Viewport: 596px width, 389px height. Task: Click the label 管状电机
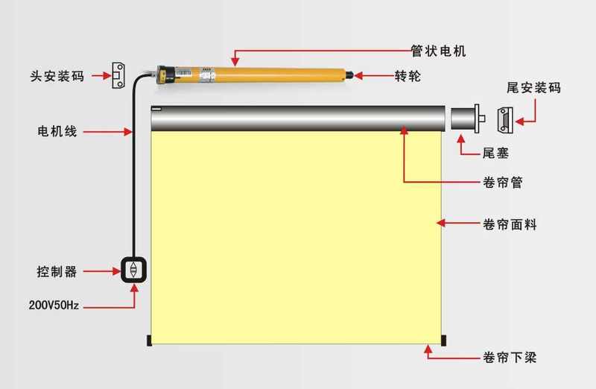438,51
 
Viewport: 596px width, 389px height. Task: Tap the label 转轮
408,76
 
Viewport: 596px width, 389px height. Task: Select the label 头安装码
57,76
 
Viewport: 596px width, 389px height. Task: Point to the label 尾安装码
533,88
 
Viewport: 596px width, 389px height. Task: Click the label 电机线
57,131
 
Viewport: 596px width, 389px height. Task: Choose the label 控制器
57,271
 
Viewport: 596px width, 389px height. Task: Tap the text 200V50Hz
54,305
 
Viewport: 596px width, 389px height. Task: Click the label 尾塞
495,154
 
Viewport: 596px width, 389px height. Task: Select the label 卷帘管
502,183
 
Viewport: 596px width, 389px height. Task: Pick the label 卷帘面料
510,224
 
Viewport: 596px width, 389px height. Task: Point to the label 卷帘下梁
510,358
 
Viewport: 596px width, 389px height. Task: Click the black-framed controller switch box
134,270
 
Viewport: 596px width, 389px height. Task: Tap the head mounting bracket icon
118,75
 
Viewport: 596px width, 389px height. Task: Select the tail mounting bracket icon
505,120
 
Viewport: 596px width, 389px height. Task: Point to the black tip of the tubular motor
349,75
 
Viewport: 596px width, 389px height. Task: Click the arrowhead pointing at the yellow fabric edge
440,223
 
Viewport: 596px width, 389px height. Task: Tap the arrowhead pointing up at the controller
134,288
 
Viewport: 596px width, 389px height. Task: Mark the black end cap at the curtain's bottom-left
149,341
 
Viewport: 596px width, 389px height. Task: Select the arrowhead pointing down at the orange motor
235,62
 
